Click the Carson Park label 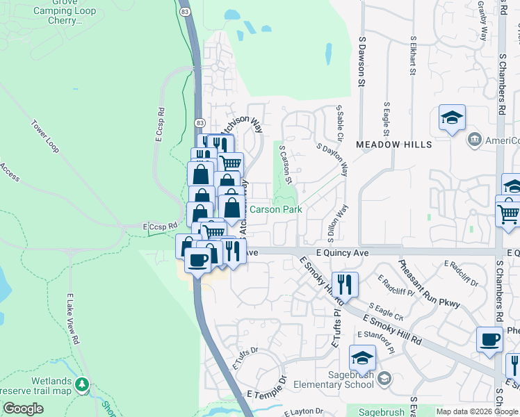point(275,208)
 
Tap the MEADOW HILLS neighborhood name point(393,145)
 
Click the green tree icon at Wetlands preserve point(83,383)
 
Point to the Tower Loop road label point(44,136)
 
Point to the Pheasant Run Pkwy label point(430,284)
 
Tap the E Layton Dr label point(304,412)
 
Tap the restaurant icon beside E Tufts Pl point(344,284)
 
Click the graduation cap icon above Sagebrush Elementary point(361,358)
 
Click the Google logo point(23,409)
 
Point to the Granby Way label point(482,21)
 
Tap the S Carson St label point(286,165)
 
